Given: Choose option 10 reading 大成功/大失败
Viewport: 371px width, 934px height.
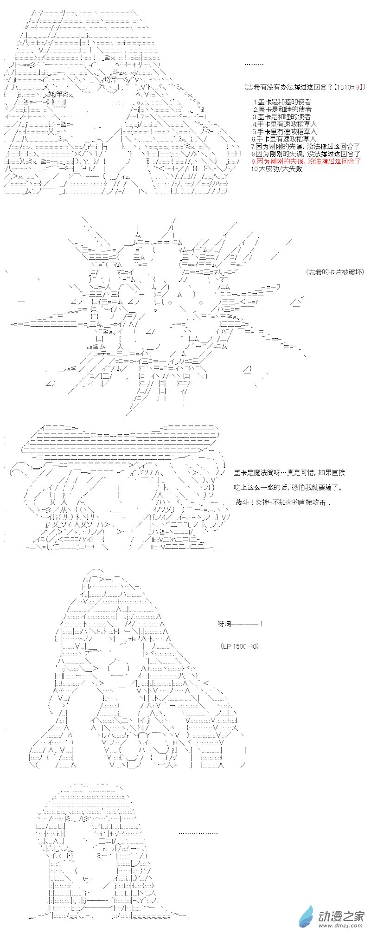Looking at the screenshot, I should [x=276, y=169].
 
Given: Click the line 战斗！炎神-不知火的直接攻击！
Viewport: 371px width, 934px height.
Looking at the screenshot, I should [x=283, y=502].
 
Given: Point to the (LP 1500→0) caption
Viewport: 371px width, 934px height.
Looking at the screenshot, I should [x=239, y=646].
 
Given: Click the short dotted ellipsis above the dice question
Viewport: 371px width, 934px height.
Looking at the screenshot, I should [x=254, y=64].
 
